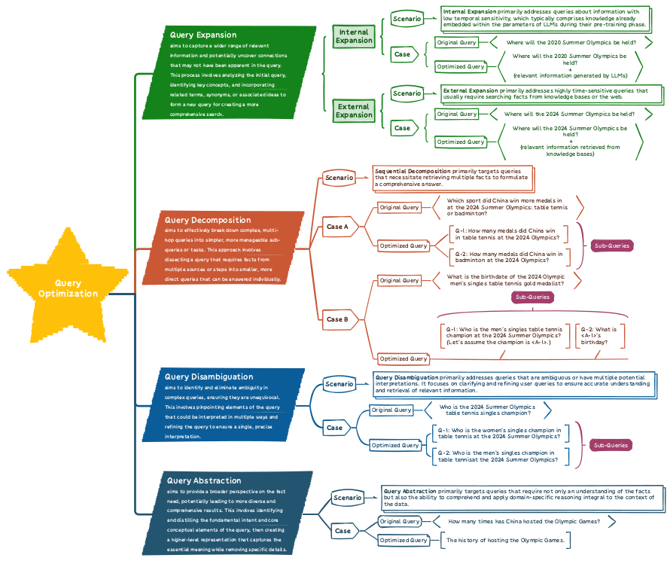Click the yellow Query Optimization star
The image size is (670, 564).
[x=68, y=287]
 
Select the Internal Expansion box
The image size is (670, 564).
[x=354, y=36]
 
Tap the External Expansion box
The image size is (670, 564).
[x=354, y=111]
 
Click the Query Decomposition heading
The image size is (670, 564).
[x=208, y=220]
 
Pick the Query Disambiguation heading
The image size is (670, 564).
[x=209, y=377]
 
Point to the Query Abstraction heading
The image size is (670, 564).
[x=204, y=480]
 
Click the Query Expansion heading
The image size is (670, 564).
[x=203, y=35]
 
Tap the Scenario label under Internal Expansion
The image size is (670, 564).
[x=407, y=19]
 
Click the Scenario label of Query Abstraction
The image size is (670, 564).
[x=347, y=498]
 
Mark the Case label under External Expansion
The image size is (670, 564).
[x=404, y=128]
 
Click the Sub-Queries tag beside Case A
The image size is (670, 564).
[x=612, y=245]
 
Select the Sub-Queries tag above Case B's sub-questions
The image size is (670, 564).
[x=532, y=297]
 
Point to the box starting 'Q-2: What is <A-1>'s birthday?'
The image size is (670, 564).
[x=599, y=336]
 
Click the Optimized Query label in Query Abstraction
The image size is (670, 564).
[x=404, y=540]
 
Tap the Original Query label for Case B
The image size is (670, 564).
[x=399, y=280]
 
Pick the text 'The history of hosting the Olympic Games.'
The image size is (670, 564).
[x=505, y=540]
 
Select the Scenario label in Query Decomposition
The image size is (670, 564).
[x=340, y=178]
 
